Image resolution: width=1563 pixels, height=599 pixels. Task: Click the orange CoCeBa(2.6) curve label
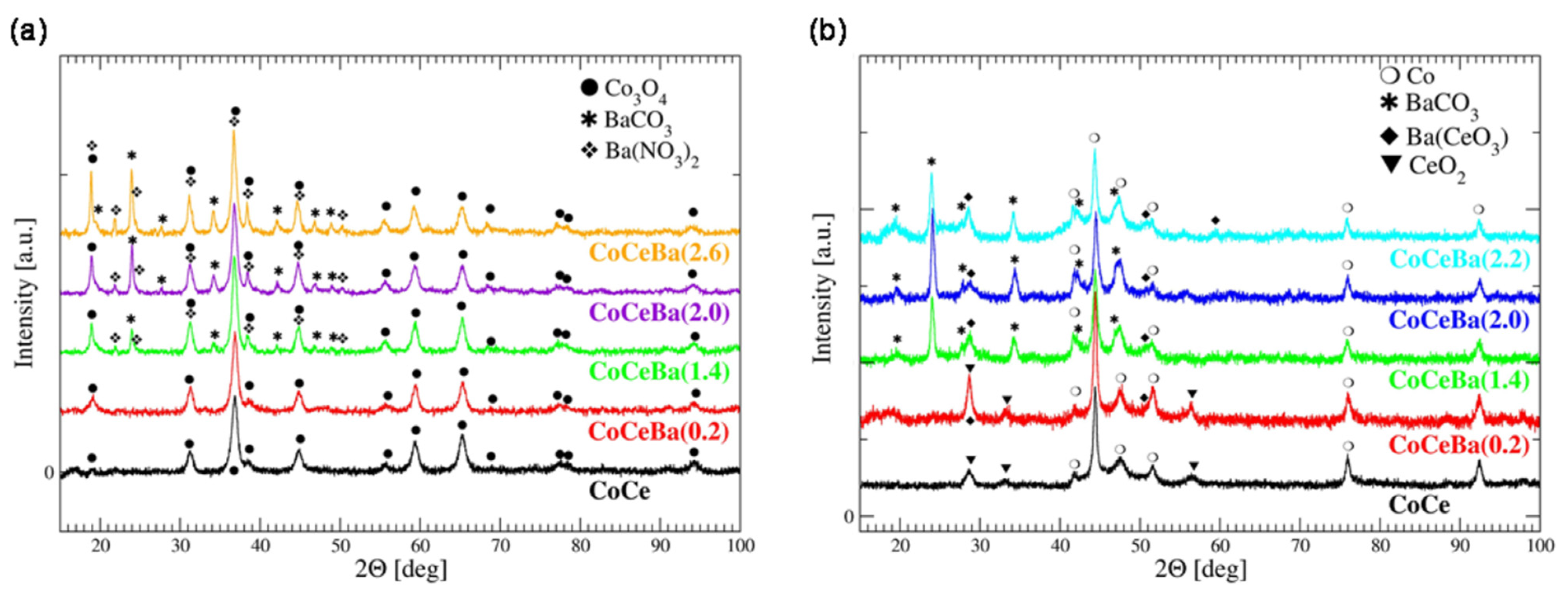tap(659, 253)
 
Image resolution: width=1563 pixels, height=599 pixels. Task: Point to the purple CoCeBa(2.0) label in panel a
tap(659, 313)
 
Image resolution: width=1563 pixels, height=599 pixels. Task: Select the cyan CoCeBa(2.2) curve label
tap(1459, 259)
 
